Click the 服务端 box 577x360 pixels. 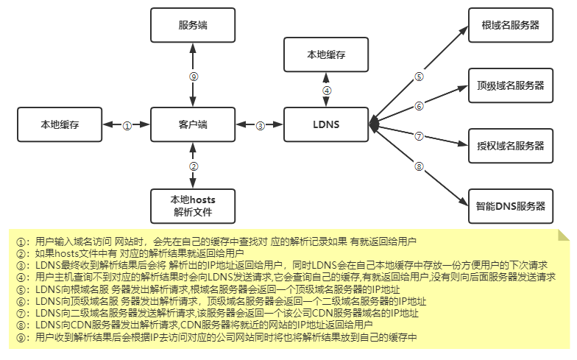[x=193, y=25]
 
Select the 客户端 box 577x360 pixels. [x=193, y=125]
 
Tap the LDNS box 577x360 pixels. [x=327, y=125]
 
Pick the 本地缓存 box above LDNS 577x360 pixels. [x=327, y=55]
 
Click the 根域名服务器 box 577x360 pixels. [x=510, y=25]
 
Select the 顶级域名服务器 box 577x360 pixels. [x=510, y=85]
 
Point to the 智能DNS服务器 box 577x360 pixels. [x=510, y=205]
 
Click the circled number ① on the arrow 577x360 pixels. [x=127, y=126]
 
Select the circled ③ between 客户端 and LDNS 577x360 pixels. [x=260, y=126]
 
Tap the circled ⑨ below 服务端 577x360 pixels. [x=194, y=76]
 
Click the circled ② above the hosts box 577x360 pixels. [x=194, y=166]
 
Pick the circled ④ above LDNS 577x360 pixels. [x=327, y=91]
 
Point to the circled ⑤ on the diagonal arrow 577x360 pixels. [x=419, y=76]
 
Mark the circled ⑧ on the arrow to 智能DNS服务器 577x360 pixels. [x=419, y=166]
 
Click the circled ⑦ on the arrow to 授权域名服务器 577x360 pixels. [x=419, y=136]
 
